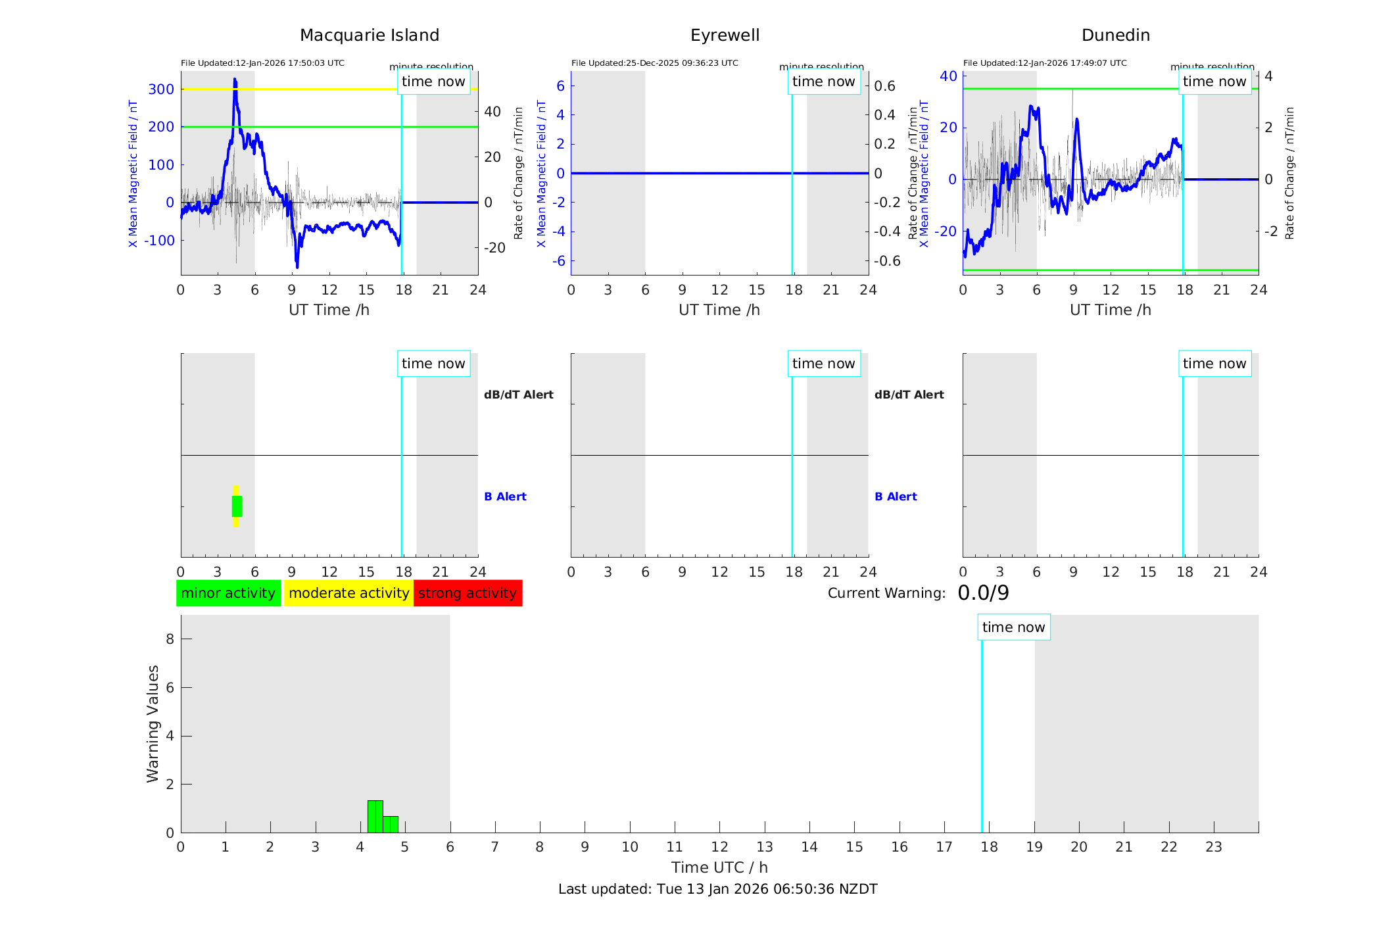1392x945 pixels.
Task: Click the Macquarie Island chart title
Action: point(369,36)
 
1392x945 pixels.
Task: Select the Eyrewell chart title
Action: point(725,36)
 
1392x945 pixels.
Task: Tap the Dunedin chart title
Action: point(1115,36)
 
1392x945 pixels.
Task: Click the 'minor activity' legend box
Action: point(228,593)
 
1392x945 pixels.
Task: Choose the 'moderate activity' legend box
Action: point(348,593)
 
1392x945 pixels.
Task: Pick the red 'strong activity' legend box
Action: point(468,593)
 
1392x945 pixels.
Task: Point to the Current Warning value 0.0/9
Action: point(983,593)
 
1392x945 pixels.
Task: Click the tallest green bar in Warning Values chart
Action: point(375,816)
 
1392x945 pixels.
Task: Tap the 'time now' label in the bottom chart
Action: point(1013,627)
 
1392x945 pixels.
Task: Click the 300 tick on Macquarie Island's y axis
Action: point(161,89)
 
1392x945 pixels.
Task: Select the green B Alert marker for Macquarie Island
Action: point(237,506)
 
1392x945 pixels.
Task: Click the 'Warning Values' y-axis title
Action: point(153,723)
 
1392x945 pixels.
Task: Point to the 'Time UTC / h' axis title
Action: point(719,867)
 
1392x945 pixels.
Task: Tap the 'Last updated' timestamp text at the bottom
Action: point(717,889)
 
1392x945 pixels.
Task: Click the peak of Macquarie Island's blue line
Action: point(235,80)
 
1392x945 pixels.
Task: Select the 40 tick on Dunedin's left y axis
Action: point(948,76)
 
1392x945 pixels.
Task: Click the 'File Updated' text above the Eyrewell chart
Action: point(654,63)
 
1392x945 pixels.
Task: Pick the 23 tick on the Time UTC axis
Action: point(1213,847)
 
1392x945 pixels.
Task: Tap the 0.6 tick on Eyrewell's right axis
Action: point(884,86)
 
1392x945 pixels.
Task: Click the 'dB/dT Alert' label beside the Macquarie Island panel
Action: point(518,395)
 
